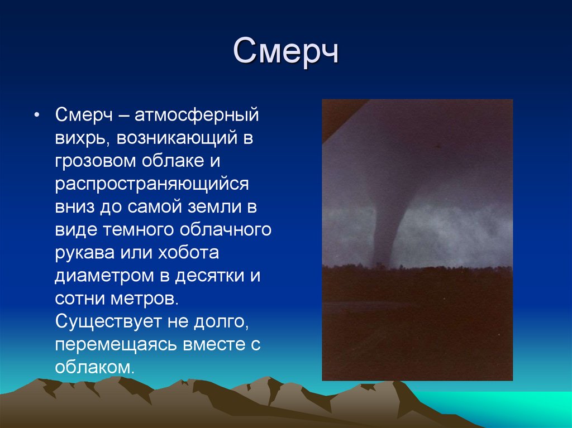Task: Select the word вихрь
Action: (x=77, y=139)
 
